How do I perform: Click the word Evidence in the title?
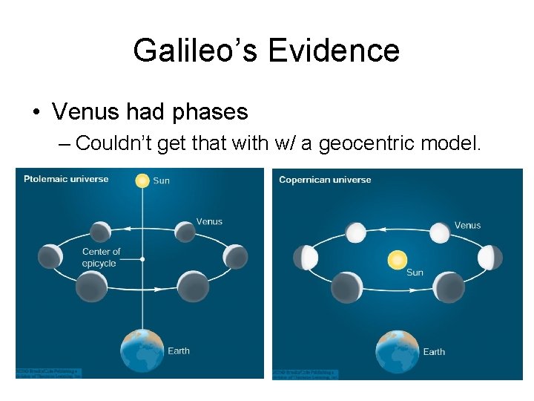coord(334,50)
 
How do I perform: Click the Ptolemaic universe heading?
coord(66,179)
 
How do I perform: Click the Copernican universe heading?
coord(325,180)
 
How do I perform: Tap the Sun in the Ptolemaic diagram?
coord(142,180)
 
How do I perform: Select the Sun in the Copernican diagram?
coord(398,260)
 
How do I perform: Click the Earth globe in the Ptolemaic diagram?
coord(142,351)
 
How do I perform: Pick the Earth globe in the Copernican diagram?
coord(398,351)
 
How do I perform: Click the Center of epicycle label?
coord(101,258)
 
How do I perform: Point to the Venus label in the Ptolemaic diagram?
coord(208,221)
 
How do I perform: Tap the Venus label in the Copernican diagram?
coord(467,225)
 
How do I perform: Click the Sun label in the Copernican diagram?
coord(415,273)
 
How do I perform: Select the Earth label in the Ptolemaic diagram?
coord(179,351)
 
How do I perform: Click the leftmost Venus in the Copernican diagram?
coord(306,258)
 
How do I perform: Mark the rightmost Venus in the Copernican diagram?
coord(489,258)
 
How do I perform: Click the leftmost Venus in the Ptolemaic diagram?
coord(50,256)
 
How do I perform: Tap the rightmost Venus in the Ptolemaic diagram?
coord(235,256)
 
